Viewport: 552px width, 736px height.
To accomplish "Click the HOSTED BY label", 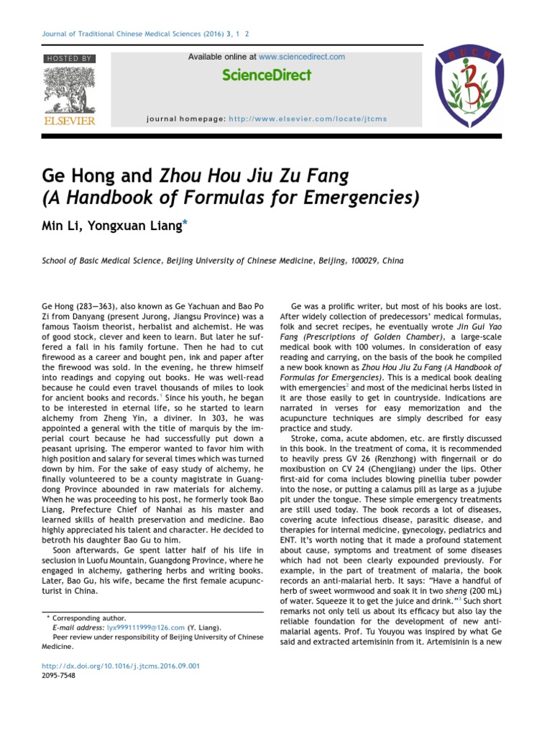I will (x=69, y=57).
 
